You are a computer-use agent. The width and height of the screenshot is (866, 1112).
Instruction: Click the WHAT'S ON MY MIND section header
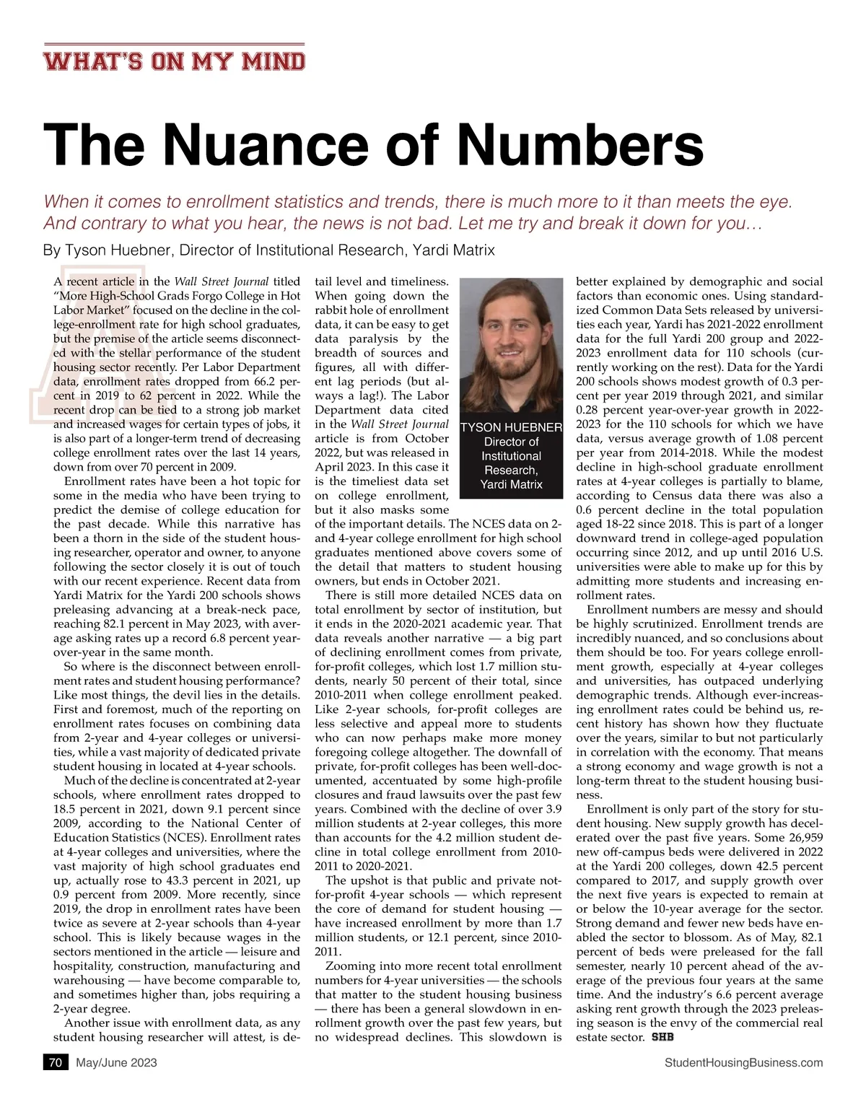pos(174,61)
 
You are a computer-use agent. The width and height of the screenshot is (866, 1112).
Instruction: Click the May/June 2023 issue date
pos(116,1062)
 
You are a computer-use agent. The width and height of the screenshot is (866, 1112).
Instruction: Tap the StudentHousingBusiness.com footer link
pos(743,1062)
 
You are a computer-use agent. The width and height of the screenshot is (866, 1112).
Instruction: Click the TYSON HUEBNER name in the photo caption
pos(511,427)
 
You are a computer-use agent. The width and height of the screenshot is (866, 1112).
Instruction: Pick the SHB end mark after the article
pos(661,1038)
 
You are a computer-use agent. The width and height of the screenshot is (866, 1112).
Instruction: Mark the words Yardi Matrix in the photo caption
pos(511,484)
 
